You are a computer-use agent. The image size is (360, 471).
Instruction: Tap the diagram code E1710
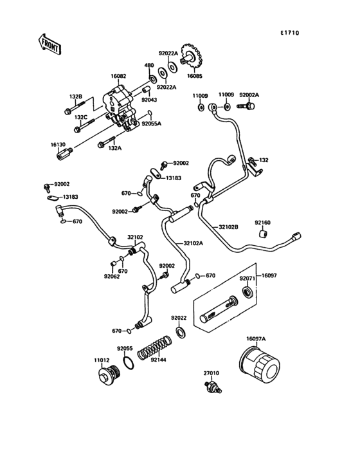tap(289, 33)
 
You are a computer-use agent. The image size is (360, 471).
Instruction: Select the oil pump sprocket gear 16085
tap(190, 61)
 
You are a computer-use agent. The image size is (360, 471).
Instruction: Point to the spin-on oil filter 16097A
tap(261, 369)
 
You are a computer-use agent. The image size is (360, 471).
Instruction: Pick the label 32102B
tap(229, 226)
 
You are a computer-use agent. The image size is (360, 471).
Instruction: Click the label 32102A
tap(192, 243)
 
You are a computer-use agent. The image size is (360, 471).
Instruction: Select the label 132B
tap(76, 97)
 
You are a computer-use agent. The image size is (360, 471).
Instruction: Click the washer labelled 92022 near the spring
tap(181, 332)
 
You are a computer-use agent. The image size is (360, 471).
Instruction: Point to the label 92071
tap(248, 279)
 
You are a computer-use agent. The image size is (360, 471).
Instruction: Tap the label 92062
tap(113, 277)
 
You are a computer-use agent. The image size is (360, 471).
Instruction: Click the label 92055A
tap(152, 123)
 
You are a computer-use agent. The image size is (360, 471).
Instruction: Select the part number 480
tap(148, 65)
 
